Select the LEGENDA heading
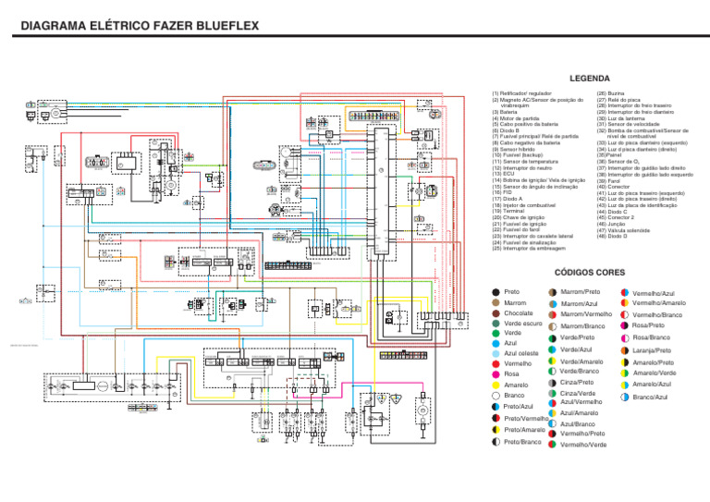tap(589, 80)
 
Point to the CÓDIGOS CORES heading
tap(588, 273)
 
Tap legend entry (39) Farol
tap(611, 180)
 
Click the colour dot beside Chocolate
tap(495, 314)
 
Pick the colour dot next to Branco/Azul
tap(625, 398)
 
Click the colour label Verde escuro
tap(524, 324)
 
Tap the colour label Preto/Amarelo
tap(525, 430)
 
